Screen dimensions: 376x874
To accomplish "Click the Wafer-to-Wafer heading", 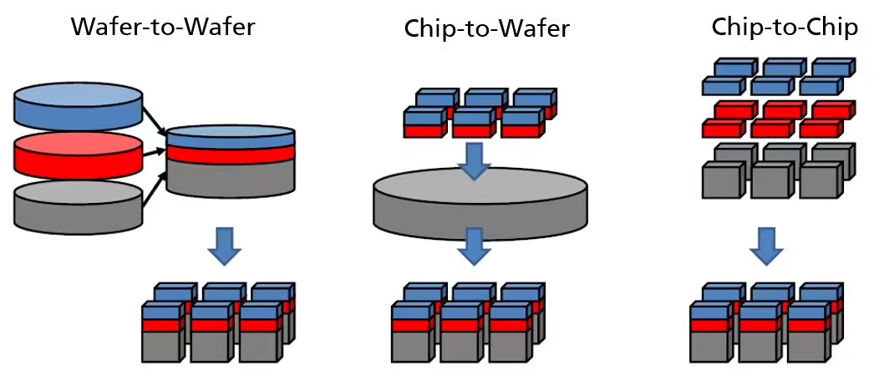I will (163, 26).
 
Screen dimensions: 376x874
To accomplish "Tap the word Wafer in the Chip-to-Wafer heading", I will (536, 29).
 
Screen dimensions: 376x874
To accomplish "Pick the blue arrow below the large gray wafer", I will (475, 245).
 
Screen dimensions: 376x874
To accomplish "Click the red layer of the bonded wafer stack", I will (231, 153).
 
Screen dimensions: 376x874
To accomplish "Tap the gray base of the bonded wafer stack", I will (231, 177).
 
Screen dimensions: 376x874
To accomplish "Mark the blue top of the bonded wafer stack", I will (231, 135).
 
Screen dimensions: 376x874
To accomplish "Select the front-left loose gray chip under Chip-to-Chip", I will (721, 180).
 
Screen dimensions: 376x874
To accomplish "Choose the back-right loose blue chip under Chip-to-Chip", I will (832, 67).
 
